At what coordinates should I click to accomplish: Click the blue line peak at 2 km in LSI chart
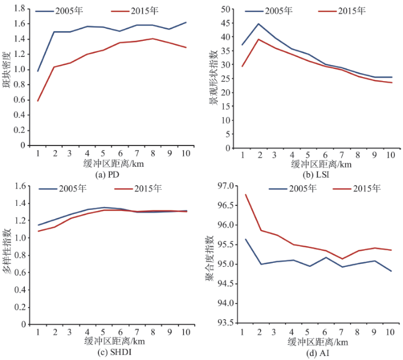(x=258, y=24)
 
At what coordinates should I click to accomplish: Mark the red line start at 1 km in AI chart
(x=246, y=194)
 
